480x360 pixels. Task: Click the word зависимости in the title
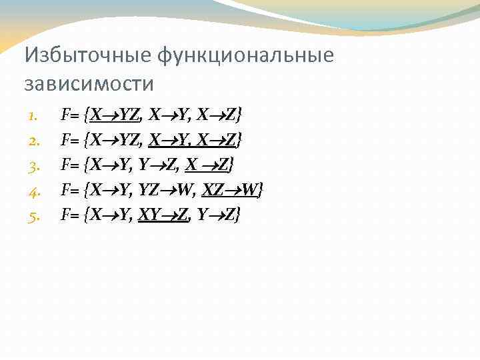[89, 84]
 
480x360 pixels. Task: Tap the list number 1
[34, 117]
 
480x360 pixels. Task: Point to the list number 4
[34, 191]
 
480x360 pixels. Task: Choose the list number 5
[34, 215]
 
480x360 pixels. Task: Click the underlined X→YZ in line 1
[115, 116]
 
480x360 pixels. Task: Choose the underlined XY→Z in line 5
[163, 215]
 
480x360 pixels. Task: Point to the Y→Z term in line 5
[217, 215]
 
